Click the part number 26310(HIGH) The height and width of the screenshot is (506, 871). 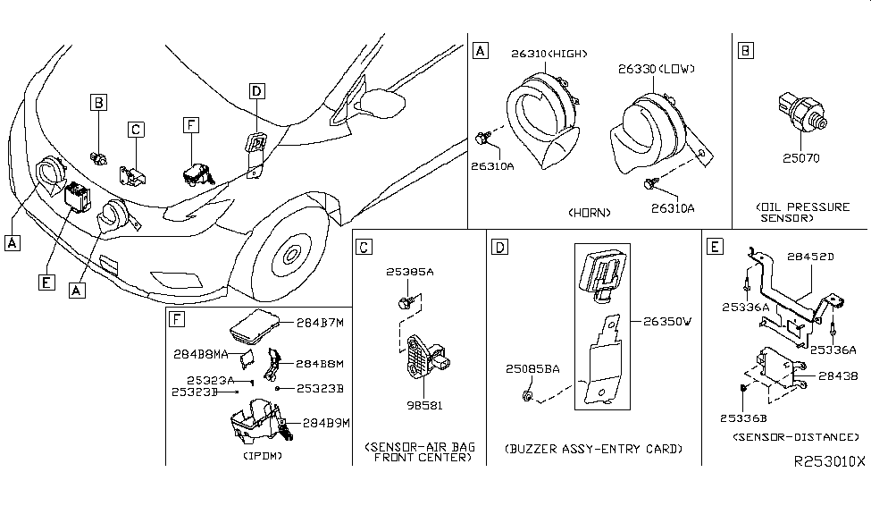coord(548,54)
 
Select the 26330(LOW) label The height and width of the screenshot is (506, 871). coord(656,69)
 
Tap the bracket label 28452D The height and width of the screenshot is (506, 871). coord(809,257)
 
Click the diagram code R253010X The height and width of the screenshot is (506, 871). coord(828,461)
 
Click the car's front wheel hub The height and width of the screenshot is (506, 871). coord(291,256)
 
